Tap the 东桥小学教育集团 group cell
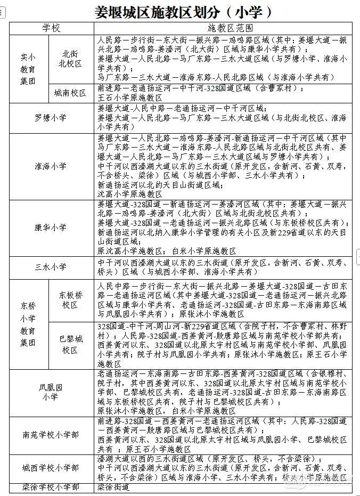pos(28,324)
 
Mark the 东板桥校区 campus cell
pos(71,300)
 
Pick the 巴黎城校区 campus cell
pos(71,344)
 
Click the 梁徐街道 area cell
pos(113,487)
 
